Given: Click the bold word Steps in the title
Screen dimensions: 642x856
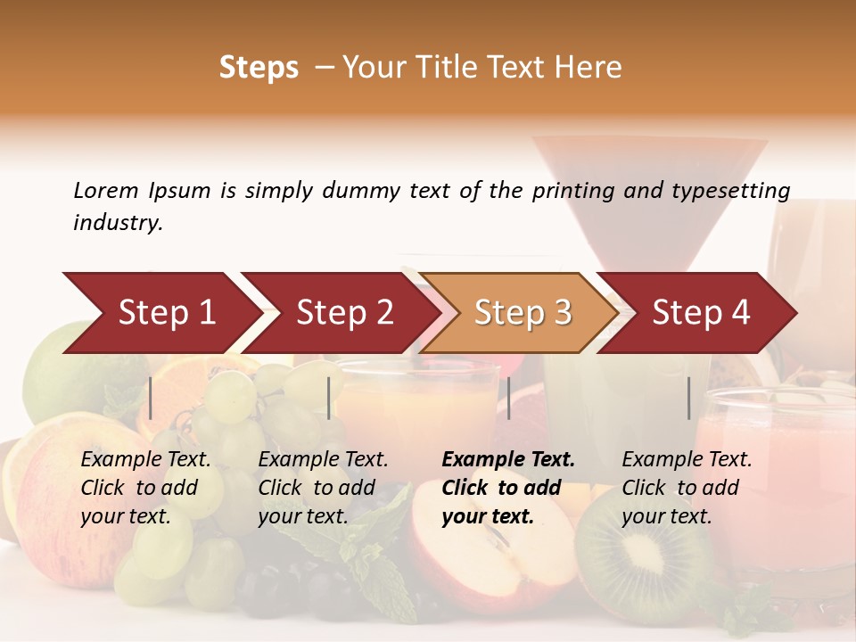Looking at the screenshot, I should coord(259,68).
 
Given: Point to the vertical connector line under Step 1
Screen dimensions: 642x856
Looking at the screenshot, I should coord(151,398).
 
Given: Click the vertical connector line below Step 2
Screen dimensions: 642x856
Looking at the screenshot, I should coord(329,398).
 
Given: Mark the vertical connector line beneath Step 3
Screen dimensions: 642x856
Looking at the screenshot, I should coord(508,398).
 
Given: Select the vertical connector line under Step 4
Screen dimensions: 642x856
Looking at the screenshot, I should coord(688,398).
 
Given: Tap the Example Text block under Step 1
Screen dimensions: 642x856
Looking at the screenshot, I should coord(145,488).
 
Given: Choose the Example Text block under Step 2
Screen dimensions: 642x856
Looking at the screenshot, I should coord(323,488).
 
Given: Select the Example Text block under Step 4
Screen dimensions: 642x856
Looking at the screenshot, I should coord(687,488).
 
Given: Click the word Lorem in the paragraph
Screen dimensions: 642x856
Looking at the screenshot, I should coord(106,191).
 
